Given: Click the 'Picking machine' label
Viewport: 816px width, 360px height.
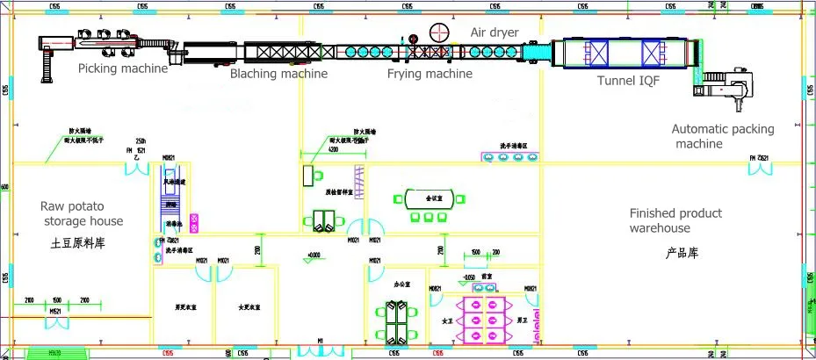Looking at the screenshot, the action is (x=122, y=68).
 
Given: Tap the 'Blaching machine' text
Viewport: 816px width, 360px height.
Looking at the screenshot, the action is (x=278, y=75).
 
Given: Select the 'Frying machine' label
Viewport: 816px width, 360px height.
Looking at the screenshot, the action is (x=430, y=75).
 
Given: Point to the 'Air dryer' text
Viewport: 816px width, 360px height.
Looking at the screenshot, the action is (x=495, y=32).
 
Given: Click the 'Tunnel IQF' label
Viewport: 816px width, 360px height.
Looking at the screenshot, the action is (x=628, y=81).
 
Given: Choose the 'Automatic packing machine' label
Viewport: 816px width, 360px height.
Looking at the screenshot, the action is (x=723, y=136).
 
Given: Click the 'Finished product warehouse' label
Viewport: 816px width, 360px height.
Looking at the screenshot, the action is (x=675, y=220).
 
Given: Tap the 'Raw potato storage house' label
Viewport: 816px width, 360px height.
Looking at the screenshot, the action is (x=82, y=213).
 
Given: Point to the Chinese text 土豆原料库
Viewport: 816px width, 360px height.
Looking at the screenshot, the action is (x=78, y=241).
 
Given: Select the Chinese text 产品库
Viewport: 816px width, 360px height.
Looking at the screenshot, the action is (x=681, y=253).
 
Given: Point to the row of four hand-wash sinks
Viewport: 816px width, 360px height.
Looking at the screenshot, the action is (x=510, y=157).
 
